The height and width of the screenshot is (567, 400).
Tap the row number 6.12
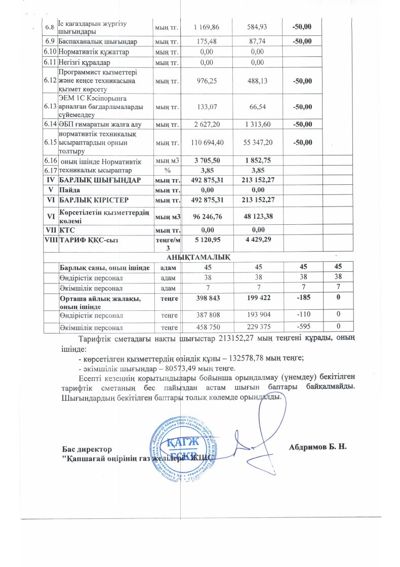[50, 81]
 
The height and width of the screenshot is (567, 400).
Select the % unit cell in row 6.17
[167, 170]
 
